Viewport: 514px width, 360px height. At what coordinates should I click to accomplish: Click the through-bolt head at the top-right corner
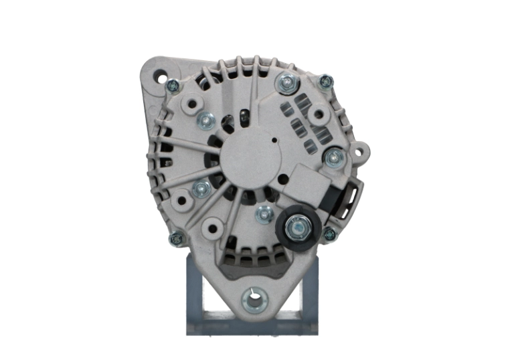[x=325, y=82]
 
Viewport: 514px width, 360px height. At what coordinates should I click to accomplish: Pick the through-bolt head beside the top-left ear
[x=173, y=85]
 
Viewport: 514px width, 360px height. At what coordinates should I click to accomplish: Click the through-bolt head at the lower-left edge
[x=177, y=238]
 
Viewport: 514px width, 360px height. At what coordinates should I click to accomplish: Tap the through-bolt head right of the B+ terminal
[x=329, y=234]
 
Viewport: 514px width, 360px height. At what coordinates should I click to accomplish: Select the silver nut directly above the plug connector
[x=333, y=158]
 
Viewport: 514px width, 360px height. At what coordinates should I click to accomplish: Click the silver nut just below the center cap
[x=264, y=215]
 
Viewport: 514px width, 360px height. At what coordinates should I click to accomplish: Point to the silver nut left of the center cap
[x=200, y=189]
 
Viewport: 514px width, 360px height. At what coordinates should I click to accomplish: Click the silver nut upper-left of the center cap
[x=205, y=120]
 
